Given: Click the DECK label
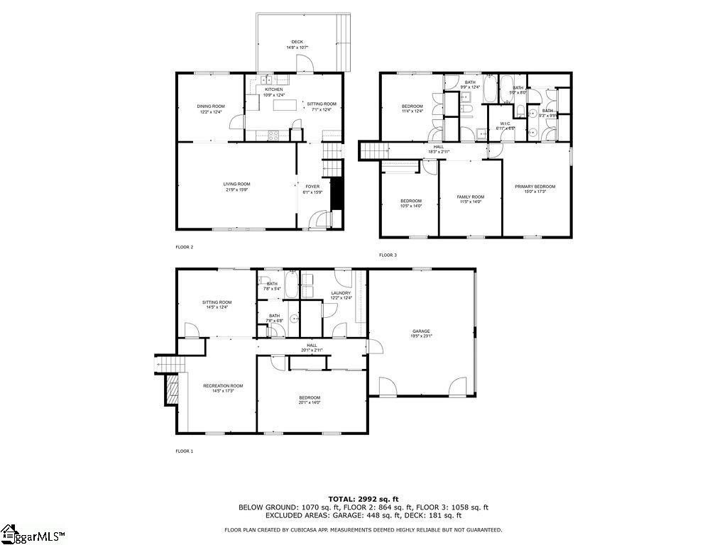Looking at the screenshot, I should click(x=297, y=42).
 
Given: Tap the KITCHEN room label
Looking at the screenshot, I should click(x=274, y=89).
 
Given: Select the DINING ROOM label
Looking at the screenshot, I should click(x=211, y=106).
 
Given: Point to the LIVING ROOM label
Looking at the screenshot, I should click(x=236, y=184).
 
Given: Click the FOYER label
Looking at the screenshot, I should click(x=313, y=187).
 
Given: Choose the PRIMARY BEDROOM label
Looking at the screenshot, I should click(x=535, y=187).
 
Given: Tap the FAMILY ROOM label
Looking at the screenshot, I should click(x=470, y=197).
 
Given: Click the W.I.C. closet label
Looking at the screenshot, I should click(x=505, y=123).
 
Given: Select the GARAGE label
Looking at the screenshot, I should click(x=421, y=331).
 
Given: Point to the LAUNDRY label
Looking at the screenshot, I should click(x=341, y=292).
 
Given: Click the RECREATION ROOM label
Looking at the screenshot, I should click(x=222, y=386).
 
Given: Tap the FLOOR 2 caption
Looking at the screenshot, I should click(x=184, y=247).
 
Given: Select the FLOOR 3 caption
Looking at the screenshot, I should click(x=388, y=255).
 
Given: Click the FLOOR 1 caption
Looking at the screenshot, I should click(x=184, y=451).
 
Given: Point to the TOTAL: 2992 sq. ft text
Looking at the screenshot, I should click(x=363, y=499).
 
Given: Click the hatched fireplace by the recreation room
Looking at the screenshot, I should click(x=171, y=389).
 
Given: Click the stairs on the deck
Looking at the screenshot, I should click(x=344, y=42).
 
